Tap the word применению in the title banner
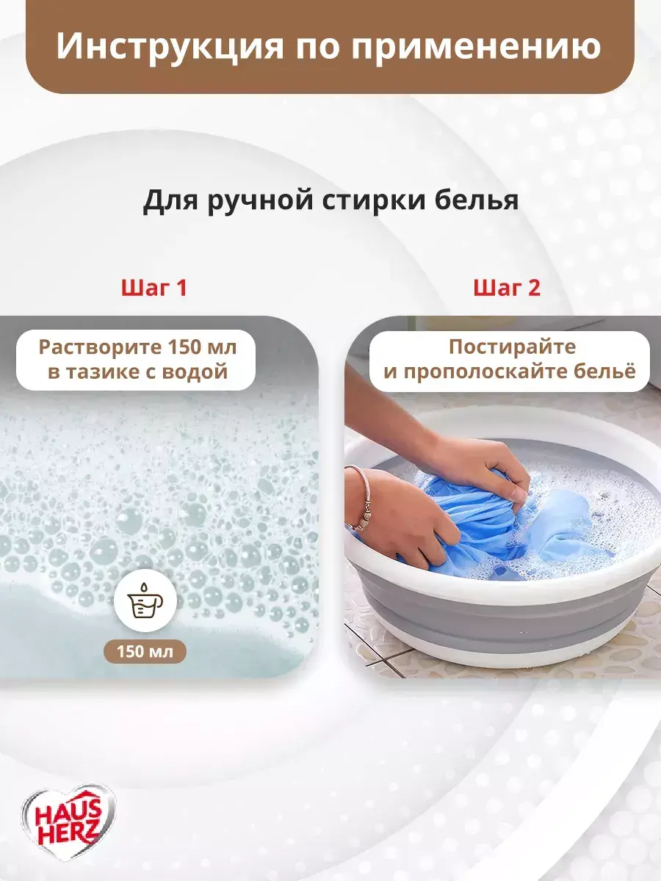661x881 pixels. click(x=476, y=46)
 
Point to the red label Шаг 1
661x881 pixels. click(x=154, y=288)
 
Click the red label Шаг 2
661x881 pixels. click(x=507, y=288)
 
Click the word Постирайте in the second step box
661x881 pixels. click(x=513, y=347)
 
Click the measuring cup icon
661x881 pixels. click(x=145, y=601)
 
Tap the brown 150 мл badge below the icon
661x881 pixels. click(x=145, y=651)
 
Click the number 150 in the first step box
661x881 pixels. click(x=178, y=347)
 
